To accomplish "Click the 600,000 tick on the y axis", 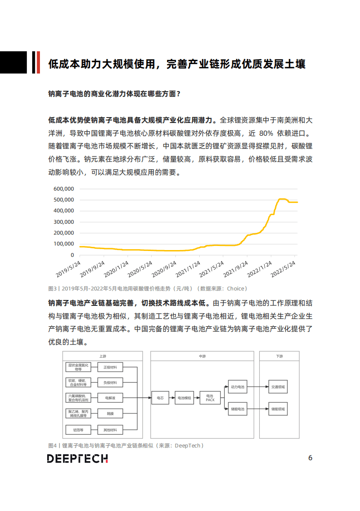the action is pyautogui.click(x=64, y=189).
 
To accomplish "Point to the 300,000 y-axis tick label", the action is pyautogui.click(x=64, y=222).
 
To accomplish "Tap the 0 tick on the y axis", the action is pyautogui.click(x=72, y=255).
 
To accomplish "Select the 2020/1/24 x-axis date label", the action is pyautogui.click(x=117, y=269).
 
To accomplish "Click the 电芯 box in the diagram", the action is pyautogui.click(x=160, y=398).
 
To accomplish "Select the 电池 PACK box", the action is pyautogui.click(x=210, y=398).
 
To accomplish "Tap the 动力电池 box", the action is pyautogui.click(x=237, y=387).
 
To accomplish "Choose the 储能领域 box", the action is pyautogui.click(x=278, y=409).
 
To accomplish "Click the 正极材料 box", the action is pyautogui.click(x=110, y=367).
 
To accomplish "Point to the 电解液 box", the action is pyautogui.click(x=110, y=398).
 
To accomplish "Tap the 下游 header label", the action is pyautogui.click(x=279, y=357).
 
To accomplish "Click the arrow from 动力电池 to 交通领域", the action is pyautogui.click(x=257, y=387).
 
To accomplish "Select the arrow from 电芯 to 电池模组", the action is pyautogui.click(x=172, y=398).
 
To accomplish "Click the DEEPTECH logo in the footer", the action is pyautogui.click(x=77, y=458).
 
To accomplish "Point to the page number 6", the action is pyautogui.click(x=310, y=457).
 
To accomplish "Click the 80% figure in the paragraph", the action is pyautogui.click(x=268, y=134).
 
